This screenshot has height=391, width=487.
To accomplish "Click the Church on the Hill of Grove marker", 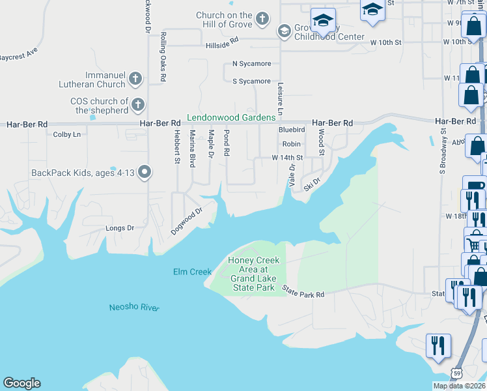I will tap(262, 18).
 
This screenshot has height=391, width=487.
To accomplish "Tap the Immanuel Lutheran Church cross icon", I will tap(135, 80).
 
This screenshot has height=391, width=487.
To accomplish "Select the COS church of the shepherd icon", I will tap(137, 104).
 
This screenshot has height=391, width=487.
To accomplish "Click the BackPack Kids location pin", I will tap(145, 173).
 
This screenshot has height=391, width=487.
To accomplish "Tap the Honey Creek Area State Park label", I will tap(253, 274).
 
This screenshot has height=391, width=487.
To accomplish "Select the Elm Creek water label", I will tap(192, 272).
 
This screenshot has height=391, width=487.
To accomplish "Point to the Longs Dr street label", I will tap(119, 228).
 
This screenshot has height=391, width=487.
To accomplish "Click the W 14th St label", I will tap(287, 158).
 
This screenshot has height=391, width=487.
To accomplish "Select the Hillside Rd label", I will tap(223, 46).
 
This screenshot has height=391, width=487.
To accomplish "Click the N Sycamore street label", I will tap(251, 64).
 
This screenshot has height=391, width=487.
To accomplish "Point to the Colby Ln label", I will tap(67, 134).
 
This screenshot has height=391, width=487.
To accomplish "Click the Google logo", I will tap(21, 383).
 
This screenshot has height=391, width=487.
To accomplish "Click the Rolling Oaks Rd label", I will tap(163, 49).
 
